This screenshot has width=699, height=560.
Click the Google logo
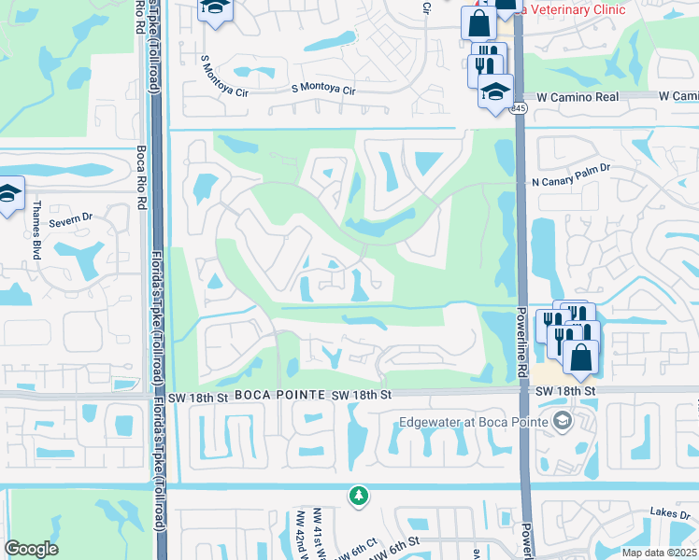(32, 549)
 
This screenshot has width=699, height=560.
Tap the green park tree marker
(358, 496)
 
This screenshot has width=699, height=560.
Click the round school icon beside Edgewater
(562, 421)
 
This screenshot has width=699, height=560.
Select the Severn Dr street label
(71, 216)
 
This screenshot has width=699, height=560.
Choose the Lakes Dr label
(670, 513)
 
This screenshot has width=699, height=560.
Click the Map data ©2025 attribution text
(658, 553)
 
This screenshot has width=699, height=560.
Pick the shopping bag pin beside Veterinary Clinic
(478, 21)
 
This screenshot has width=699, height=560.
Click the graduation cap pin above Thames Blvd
(9, 193)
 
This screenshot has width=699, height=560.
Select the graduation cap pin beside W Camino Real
(494, 91)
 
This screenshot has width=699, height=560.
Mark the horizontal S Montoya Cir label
(323, 91)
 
